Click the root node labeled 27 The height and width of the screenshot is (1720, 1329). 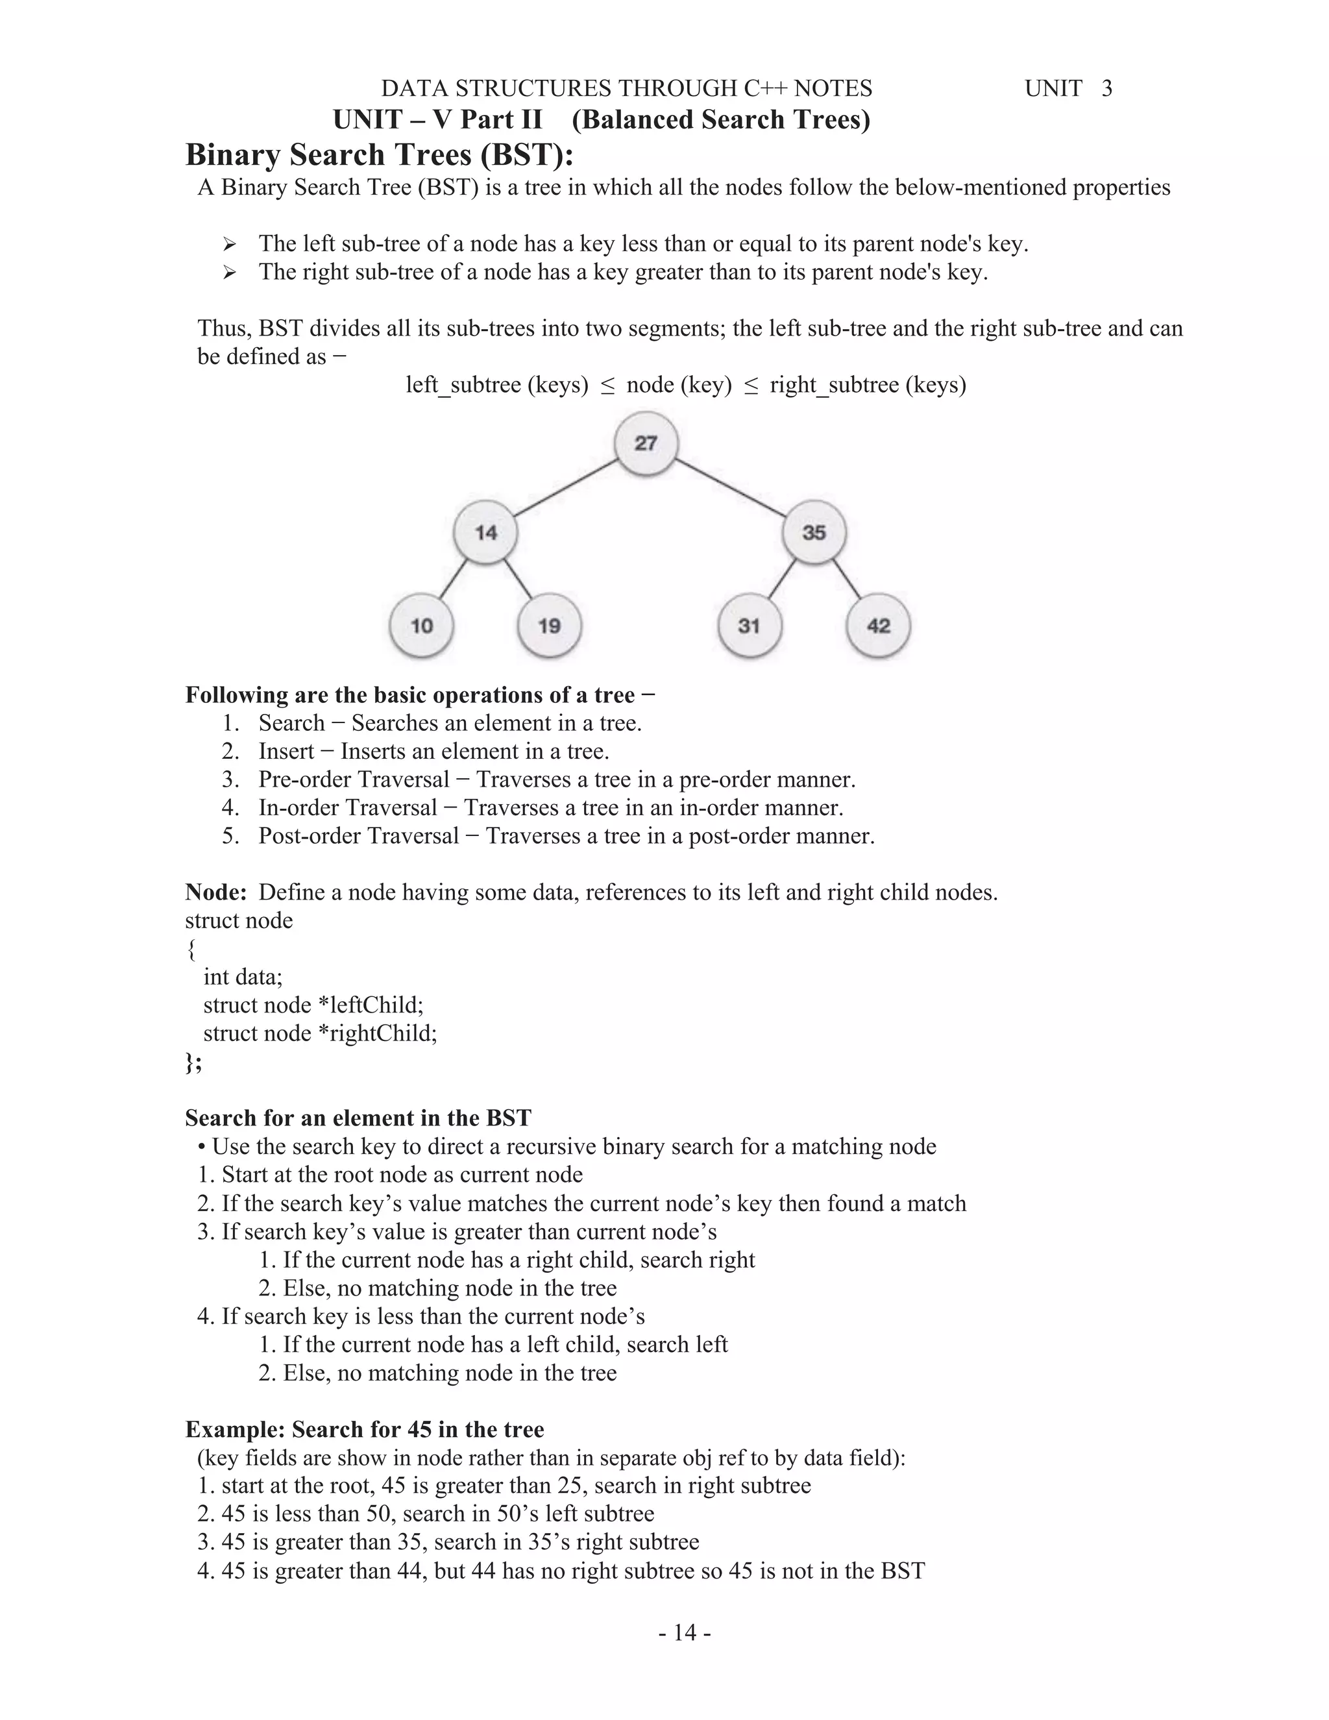[x=646, y=443]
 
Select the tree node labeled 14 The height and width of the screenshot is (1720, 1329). [x=486, y=533]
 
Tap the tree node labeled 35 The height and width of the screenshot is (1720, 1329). [x=814, y=533]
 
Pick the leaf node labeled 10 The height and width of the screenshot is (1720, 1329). [x=422, y=626]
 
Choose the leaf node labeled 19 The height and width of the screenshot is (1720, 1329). [x=550, y=626]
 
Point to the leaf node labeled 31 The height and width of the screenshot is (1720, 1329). [x=749, y=626]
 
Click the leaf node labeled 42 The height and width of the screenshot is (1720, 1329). [x=878, y=626]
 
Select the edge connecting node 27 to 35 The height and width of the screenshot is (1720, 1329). [x=731, y=488]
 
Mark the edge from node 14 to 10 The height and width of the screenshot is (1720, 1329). [x=453, y=580]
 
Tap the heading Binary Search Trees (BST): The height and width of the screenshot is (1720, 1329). [x=380, y=154]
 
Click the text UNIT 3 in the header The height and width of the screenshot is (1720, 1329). [x=1068, y=88]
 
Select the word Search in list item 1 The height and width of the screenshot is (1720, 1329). [x=291, y=723]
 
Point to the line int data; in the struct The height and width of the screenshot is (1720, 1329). [x=243, y=977]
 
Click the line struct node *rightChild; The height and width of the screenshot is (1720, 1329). [x=320, y=1033]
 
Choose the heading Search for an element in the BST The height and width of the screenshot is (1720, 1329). [x=358, y=1118]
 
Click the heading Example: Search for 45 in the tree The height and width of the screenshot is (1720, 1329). [x=365, y=1429]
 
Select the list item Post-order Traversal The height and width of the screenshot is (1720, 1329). [x=358, y=835]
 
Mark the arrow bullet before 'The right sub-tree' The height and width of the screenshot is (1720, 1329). [x=229, y=273]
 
